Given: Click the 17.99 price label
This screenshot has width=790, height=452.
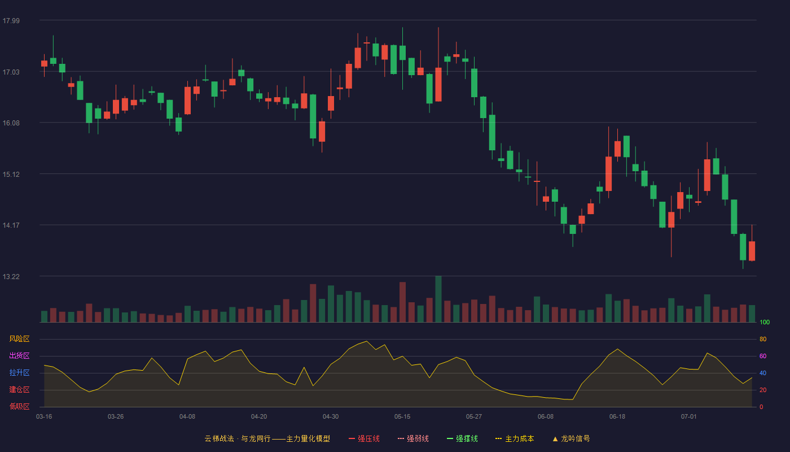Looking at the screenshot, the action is (11, 20).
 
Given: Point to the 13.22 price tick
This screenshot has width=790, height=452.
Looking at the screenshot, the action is (11, 276).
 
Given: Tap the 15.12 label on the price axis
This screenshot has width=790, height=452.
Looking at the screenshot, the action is (11, 174).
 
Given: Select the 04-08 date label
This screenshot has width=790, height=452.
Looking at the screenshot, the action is (187, 417).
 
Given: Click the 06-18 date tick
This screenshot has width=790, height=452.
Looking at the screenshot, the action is (617, 417).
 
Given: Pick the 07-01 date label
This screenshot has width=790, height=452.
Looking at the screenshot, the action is (689, 417).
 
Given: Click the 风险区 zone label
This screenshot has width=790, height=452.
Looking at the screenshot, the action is (19, 338).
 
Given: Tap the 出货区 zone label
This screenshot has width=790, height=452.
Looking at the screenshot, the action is (19, 355).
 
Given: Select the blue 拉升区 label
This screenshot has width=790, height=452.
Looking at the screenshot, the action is (19, 372).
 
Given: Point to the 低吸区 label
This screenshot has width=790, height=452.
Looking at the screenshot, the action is (19, 406).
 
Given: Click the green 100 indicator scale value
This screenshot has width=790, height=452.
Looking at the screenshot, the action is (765, 322).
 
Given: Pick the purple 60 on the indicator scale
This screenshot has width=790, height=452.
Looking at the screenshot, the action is (763, 356).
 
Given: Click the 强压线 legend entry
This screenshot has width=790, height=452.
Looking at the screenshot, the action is (364, 438).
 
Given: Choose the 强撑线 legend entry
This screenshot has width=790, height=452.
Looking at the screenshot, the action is (462, 438).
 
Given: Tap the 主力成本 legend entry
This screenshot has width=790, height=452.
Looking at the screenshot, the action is (515, 438).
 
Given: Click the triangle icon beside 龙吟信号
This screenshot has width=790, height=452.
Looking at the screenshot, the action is (555, 439).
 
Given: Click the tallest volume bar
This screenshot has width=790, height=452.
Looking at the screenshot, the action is (438, 299).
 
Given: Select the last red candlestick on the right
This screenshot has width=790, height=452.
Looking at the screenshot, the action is (752, 251).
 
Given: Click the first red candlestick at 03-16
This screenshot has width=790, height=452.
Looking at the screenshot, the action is (44, 63).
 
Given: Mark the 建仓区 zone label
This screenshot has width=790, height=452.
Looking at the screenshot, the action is (19, 389).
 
